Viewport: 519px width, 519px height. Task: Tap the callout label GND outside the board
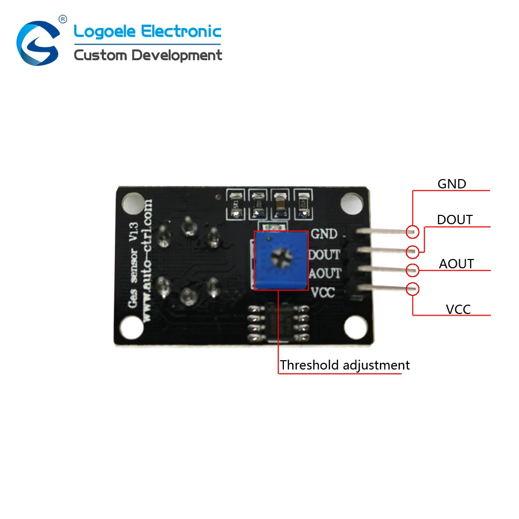click(452, 184)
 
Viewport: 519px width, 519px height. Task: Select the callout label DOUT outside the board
click(455, 220)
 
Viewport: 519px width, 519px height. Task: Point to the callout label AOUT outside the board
click(456, 264)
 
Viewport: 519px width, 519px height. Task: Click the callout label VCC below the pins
click(458, 309)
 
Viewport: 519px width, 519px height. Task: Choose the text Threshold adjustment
click(345, 365)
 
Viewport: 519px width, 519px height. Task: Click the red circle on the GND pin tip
click(413, 232)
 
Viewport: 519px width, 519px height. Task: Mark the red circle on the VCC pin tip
click(413, 289)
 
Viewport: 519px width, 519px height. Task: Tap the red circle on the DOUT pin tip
click(413, 252)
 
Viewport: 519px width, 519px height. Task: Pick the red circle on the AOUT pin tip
click(413, 270)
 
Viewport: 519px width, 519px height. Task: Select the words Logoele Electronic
click(147, 32)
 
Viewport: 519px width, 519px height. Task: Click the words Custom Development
click(148, 55)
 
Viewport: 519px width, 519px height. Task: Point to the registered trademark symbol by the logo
click(63, 19)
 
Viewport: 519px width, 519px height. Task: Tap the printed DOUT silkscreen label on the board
click(324, 255)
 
